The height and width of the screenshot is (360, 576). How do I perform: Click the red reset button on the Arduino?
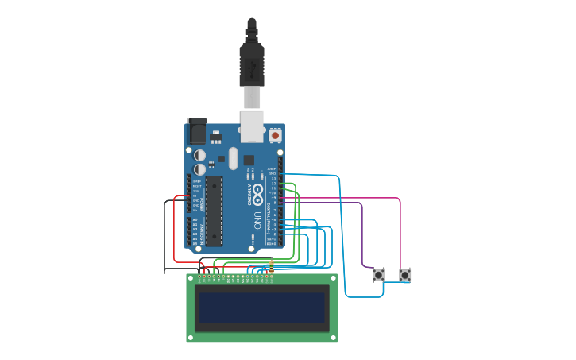[275, 136]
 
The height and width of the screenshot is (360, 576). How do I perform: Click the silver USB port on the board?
[252, 126]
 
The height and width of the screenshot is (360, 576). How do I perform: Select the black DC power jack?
[196, 131]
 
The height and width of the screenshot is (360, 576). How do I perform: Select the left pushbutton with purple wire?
[378, 275]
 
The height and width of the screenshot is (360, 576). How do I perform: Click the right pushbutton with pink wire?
[405, 275]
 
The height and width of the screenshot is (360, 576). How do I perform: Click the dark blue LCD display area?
[262, 307]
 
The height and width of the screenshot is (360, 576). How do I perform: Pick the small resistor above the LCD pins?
[272, 266]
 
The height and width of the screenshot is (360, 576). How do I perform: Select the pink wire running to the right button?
[400, 230]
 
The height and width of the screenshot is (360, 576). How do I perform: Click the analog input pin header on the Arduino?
[190, 230]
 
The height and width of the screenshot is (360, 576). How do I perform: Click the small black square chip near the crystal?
[222, 159]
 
